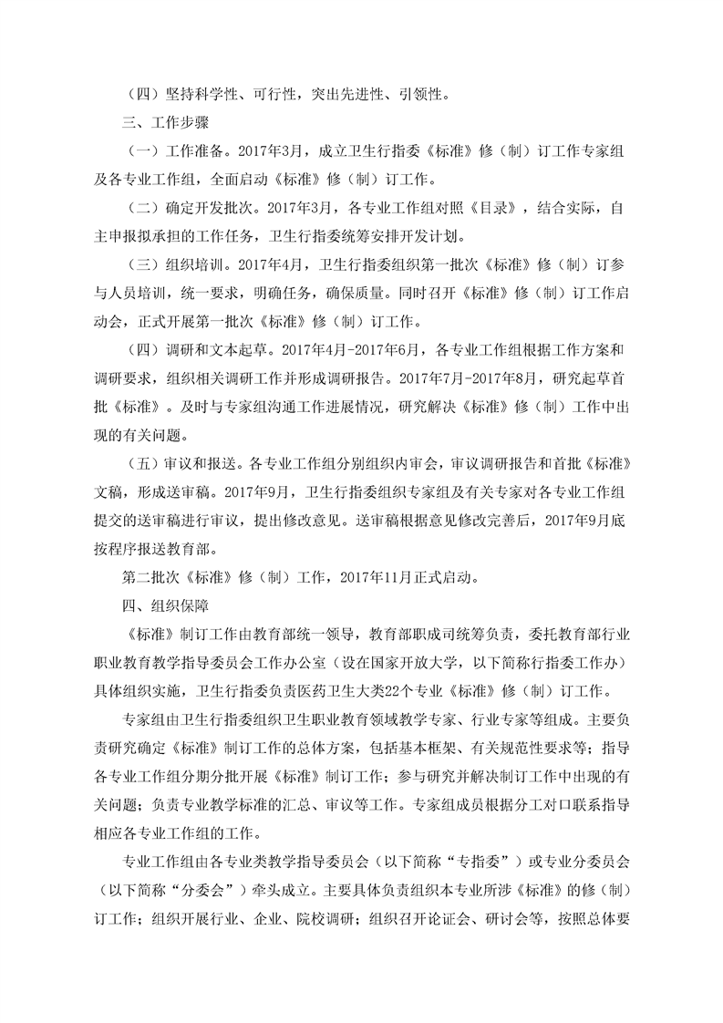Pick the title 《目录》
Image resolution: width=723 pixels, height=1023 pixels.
click(x=493, y=206)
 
